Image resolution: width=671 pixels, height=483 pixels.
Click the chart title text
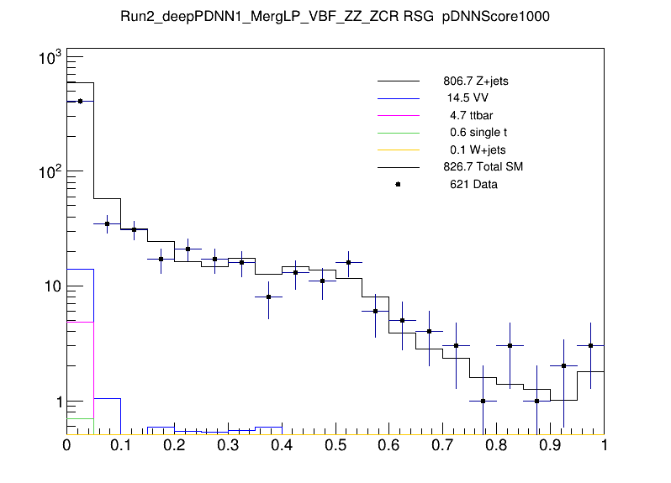[x=335, y=17]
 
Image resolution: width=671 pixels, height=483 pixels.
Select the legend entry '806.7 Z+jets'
[x=475, y=82]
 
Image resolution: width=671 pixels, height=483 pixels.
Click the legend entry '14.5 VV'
[x=467, y=98]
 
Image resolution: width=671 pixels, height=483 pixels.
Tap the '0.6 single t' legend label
[x=478, y=133]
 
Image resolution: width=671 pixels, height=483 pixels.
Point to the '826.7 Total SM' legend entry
[x=483, y=167]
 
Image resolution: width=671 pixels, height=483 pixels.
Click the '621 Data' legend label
[x=473, y=184]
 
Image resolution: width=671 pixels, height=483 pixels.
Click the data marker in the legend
[x=398, y=184]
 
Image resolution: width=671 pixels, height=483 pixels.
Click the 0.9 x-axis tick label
[x=551, y=445]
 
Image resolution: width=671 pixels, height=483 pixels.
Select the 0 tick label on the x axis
[x=67, y=445]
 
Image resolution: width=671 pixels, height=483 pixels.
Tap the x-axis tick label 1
[x=604, y=445]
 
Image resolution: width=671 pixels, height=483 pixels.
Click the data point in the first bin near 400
[x=80, y=101]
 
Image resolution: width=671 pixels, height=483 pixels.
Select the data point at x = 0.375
[x=268, y=297]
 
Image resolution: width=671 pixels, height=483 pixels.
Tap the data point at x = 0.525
[x=349, y=262]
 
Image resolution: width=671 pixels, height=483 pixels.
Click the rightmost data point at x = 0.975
[x=591, y=345]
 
